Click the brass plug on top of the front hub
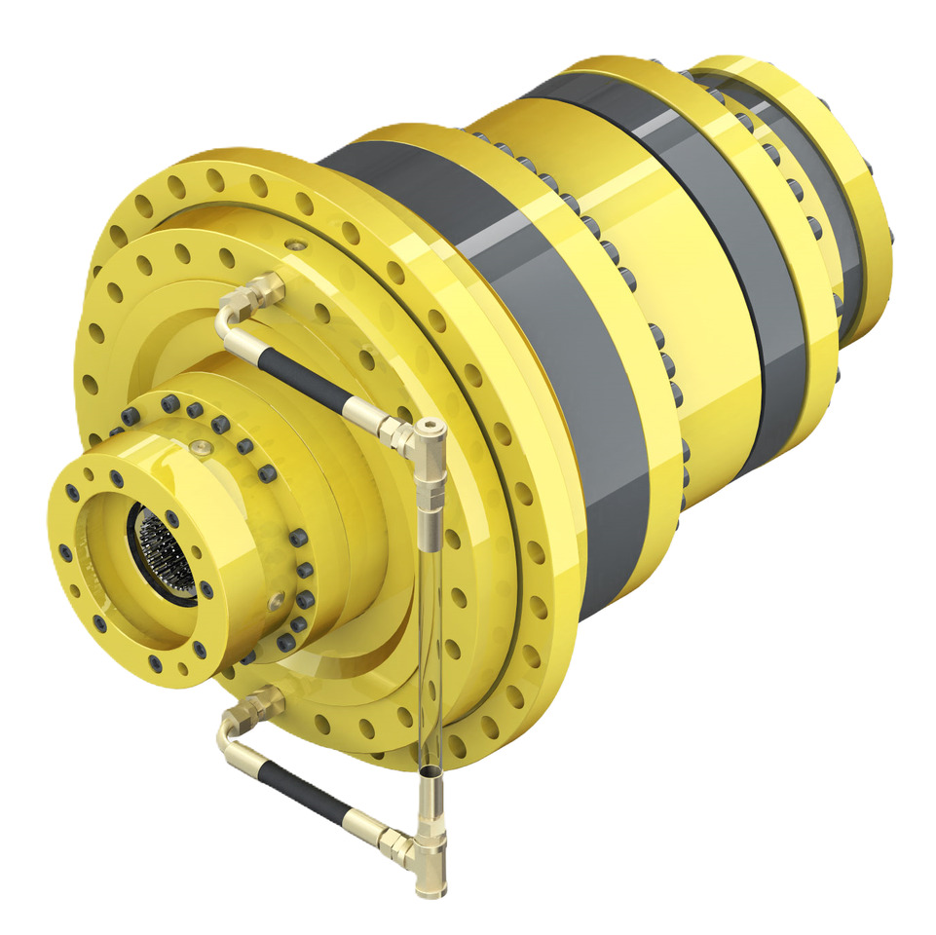203,447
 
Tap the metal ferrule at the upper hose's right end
368,415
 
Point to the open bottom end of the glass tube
429,772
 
